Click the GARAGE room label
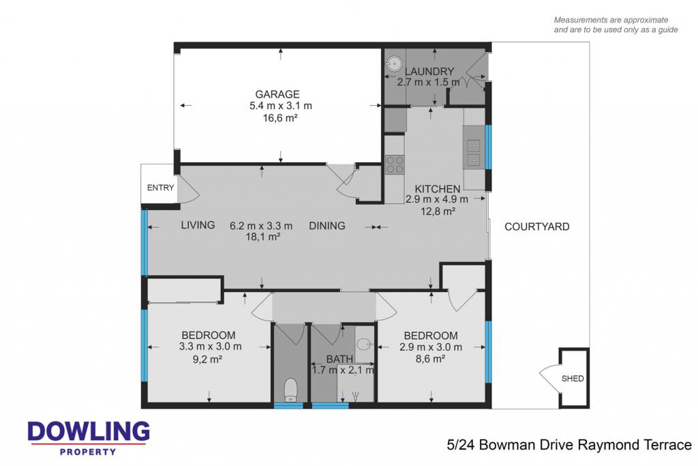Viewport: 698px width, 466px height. tap(277, 94)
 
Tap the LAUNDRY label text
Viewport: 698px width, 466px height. tap(429, 71)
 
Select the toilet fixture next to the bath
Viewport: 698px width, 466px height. tap(290, 390)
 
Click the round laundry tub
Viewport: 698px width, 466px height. tap(395, 63)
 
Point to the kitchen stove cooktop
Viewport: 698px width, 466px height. tap(395, 164)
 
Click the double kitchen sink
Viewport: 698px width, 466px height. tap(474, 152)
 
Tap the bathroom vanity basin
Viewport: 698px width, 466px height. tap(365, 344)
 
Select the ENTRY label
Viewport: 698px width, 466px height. tap(160, 188)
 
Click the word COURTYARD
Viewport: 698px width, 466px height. tap(537, 227)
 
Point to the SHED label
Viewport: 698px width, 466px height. tap(573, 378)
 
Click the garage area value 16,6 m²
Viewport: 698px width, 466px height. tap(280, 118)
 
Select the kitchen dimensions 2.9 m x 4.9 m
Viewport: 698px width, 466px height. tap(437, 200)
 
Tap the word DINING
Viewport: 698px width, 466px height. tap(327, 226)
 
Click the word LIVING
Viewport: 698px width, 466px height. tap(198, 225)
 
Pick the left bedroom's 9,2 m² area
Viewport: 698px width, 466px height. tap(207, 359)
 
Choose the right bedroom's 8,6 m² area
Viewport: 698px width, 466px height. tap(431, 359)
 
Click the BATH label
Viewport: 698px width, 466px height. tap(339, 359)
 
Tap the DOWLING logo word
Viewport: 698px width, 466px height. tap(89, 432)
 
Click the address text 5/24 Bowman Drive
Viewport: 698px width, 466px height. tap(511, 445)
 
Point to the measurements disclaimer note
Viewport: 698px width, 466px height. tap(616, 25)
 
